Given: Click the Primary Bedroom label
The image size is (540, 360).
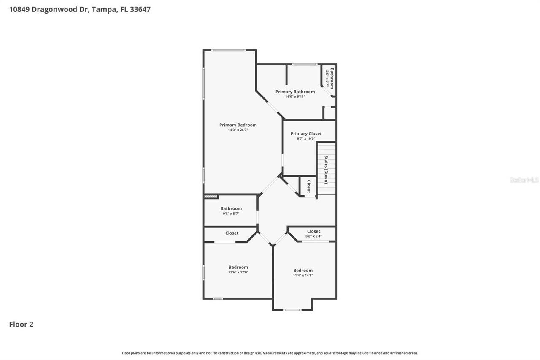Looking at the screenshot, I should pos(238,125).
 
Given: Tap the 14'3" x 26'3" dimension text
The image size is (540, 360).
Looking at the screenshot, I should pos(238,130).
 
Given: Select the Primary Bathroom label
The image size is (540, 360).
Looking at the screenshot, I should pos(295,92).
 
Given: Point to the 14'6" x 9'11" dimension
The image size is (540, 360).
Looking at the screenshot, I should pos(295,97).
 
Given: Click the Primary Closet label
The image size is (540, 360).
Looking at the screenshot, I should pos(306,133).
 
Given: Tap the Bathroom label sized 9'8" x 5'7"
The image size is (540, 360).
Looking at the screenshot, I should pos(231,208).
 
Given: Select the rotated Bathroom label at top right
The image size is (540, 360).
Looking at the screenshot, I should pos(332,78).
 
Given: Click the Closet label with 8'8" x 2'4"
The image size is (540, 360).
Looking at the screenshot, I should pos(313,231).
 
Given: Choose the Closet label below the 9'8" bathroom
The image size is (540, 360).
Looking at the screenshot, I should pos(232,233).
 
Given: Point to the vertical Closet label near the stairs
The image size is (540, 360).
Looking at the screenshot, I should pos(309,187).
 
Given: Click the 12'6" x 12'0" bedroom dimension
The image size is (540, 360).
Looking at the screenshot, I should pos(238,272).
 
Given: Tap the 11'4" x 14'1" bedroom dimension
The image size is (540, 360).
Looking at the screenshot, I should pos(303,275).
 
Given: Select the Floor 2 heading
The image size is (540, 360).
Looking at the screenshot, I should pos(21,324).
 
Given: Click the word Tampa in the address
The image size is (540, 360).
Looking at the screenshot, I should pos(103,9).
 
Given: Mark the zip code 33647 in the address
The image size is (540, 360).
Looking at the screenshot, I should pos(141,9).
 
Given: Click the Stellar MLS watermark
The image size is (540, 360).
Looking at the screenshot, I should pos(524,180).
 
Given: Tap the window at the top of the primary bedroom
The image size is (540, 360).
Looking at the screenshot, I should pos(228,51).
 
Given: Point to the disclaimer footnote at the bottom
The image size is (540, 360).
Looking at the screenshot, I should pos(270,353).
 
